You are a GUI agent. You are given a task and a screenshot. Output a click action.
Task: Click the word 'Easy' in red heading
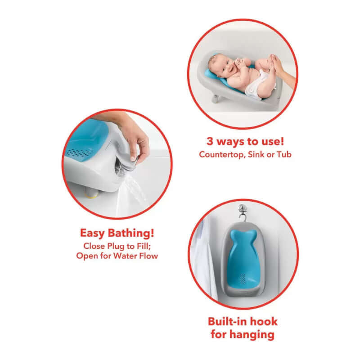tap(95, 233)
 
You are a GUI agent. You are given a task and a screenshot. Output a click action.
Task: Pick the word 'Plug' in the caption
tap(118, 246)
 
